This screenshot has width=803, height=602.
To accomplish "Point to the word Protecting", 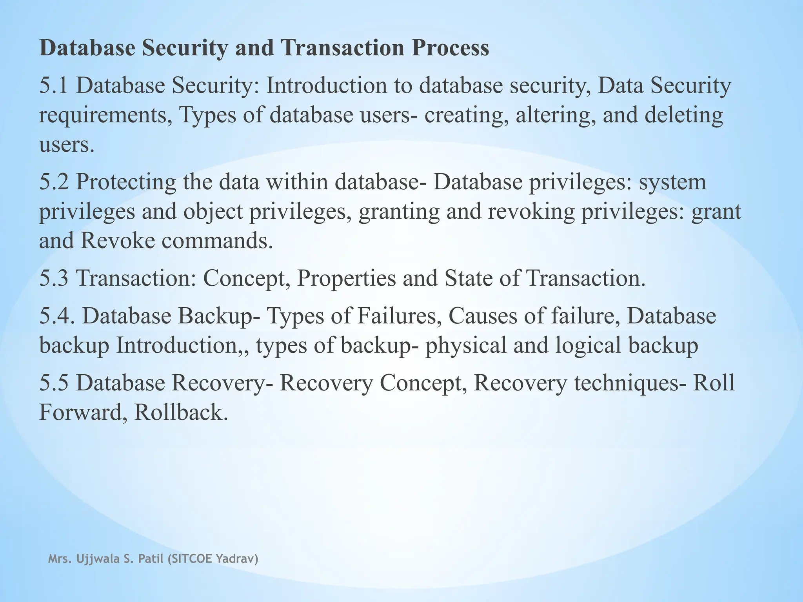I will point(126,182).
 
